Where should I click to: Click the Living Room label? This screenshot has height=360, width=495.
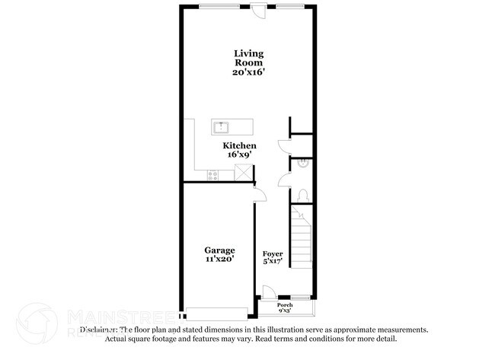coord(248,58)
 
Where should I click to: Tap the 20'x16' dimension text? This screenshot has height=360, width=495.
coord(248,72)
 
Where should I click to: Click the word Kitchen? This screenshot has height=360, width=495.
coord(239,145)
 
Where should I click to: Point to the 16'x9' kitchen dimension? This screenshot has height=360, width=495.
coord(239,155)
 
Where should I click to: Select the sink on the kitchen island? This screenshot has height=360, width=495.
coord(225,127)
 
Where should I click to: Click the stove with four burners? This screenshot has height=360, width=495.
coord(212,174)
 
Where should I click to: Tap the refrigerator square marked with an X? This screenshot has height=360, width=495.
coord(243,173)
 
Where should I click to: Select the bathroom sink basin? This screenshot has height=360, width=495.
coord(302,162)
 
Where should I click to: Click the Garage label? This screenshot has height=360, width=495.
coord(219,250)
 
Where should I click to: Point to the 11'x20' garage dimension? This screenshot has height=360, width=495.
coord(219,259)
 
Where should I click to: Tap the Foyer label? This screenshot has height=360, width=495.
coord(273,253)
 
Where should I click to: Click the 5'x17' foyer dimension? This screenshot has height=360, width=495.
coord(273,262)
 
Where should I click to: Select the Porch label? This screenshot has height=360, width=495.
coord(285,304)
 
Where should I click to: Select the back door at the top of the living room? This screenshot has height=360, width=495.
coord(260,9)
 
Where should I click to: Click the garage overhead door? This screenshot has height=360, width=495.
coord(217,313)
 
